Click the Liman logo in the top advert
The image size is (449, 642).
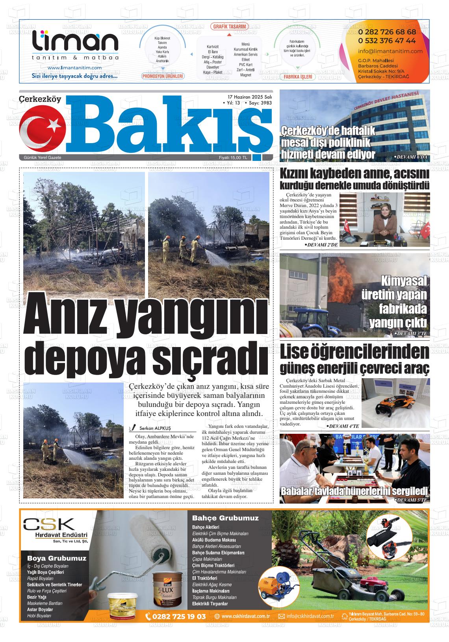click(75, 43)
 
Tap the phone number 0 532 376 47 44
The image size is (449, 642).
click(387, 41)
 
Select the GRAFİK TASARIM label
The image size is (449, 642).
click(229, 27)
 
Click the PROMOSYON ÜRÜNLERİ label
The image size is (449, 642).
click(163, 76)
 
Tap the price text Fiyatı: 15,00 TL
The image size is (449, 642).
click(233, 158)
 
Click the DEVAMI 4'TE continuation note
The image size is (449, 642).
click(342, 426)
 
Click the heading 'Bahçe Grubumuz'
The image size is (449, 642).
click(225, 518)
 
